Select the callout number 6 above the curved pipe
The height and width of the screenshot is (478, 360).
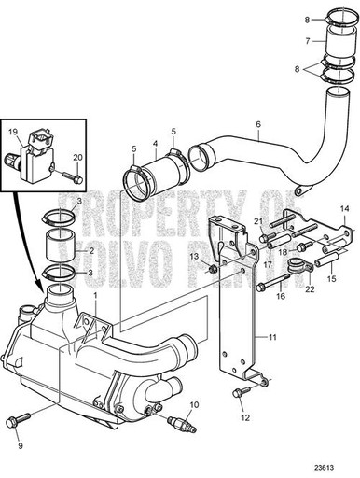257,122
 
